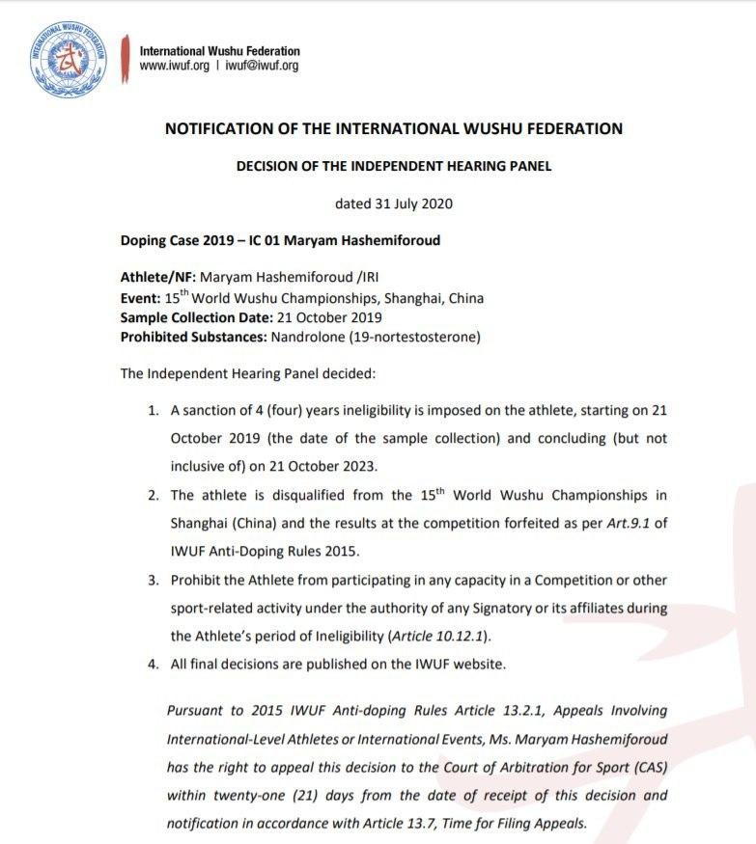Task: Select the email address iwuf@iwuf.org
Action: coord(262,67)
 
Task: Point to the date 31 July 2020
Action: coord(394,204)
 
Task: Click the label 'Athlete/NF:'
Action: coord(157,278)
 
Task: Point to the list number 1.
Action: coord(153,411)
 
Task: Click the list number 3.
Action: coord(153,580)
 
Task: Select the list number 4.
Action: coord(153,664)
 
